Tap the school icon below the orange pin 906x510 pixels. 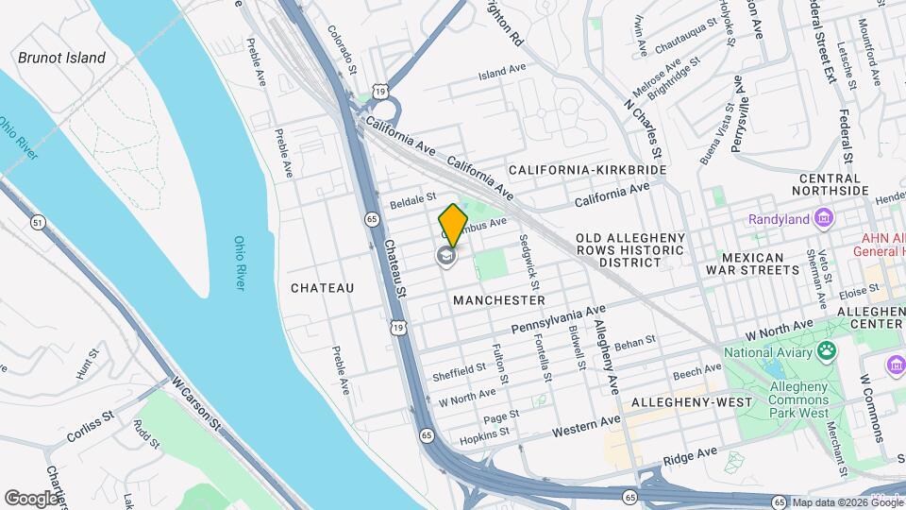(x=445, y=256)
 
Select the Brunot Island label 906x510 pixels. (x=62, y=58)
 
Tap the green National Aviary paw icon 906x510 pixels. (x=828, y=352)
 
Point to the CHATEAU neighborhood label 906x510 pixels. (x=322, y=287)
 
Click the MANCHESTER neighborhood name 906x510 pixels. (x=498, y=299)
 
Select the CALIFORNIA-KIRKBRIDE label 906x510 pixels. (x=587, y=170)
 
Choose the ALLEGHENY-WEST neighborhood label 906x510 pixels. (x=692, y=402)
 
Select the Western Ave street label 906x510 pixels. (x=586, y=425)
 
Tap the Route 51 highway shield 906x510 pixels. (x=38, y=223)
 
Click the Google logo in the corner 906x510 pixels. (x=32, y=498)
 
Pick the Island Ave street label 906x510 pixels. (x=501, y=71)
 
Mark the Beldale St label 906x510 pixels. (x=412, y=201)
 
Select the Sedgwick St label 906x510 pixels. (x=529, y=263)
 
